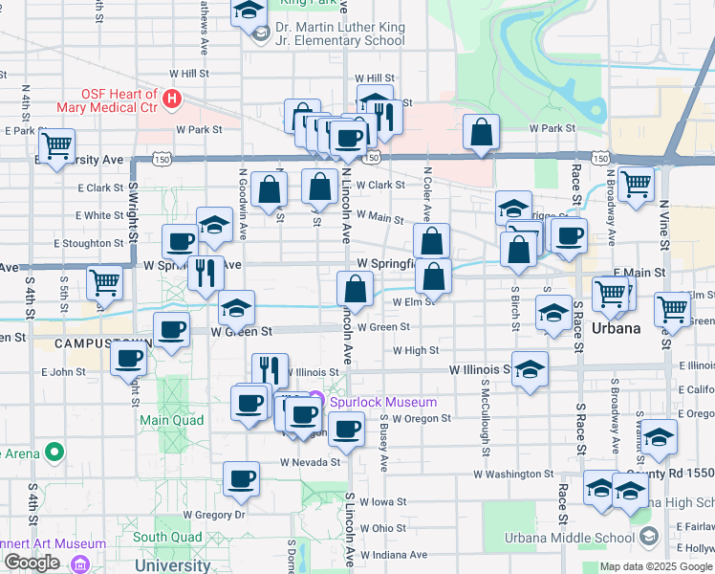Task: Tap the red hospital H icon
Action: [172, 98]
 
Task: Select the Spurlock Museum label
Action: [383, 403]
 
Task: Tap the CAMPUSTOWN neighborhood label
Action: [89, 343]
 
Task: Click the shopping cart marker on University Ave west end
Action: [56, 146]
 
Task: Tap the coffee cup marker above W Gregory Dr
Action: [241, 479]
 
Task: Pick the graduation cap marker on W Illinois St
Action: [529, 370]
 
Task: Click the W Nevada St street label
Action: [310, 462]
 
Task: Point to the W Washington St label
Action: [513, 474]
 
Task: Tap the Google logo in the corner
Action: [32, 563]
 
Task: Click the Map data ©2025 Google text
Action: [656, 566]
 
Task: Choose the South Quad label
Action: [166, 538]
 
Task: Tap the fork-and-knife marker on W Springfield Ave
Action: [206, 273]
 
